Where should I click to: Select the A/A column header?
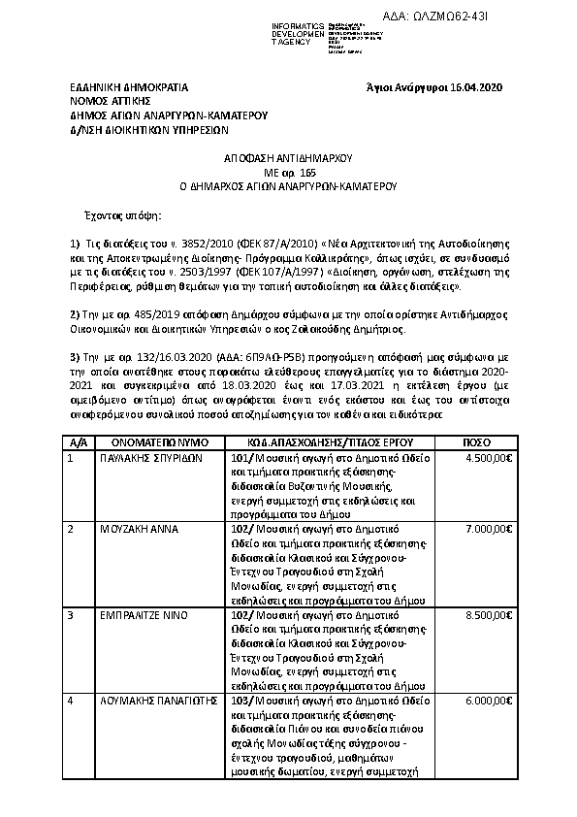(79, 441)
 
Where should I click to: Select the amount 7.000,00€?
(489, 529)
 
